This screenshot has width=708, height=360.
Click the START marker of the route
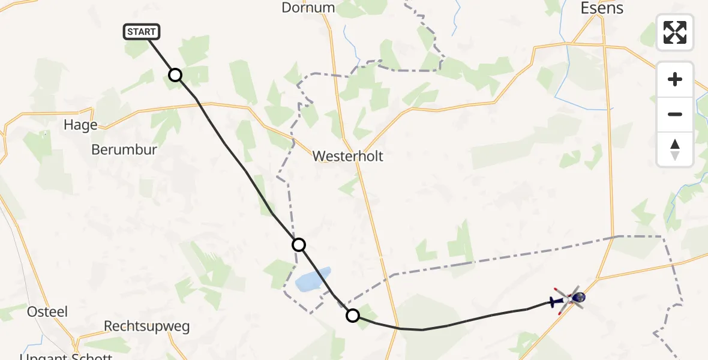click(x=142, y=32)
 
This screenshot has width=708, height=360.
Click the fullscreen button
click(x=675, y=32)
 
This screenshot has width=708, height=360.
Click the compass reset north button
click(x=675, y=149)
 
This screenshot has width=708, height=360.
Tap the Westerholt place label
click(x=347, y=157)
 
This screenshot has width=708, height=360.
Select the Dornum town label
click(x=308, y=8)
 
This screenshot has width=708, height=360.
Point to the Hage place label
click(x=80, y=125)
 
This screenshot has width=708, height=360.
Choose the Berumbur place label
click(x=124, y=149)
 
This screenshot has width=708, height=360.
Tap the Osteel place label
click(x=47, y=312)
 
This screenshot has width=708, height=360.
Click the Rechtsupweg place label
click(x=147, y=327)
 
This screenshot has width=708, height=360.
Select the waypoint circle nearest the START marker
click(x=175, y=75)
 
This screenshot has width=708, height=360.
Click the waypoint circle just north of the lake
click(x=299, y=245)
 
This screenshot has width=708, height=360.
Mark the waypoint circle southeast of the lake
click(x=353, y=316)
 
